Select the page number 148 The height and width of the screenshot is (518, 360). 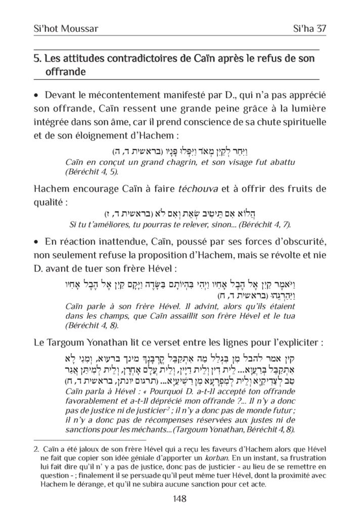(x=180, y=499)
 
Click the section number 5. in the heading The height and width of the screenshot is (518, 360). (x=37, y=59)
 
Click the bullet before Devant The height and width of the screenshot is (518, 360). (x=37, y=95)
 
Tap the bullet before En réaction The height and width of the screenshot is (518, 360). (x=37, y=238)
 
